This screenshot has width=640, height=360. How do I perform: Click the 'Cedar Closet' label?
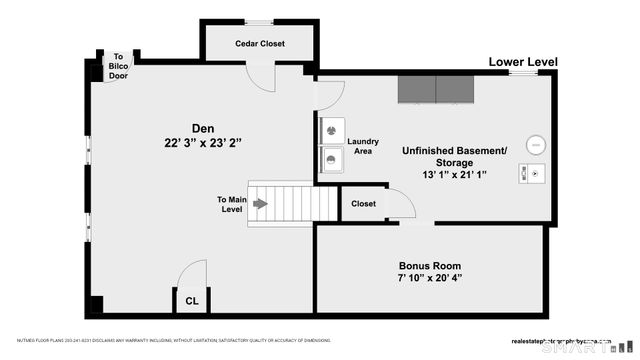[260, 44]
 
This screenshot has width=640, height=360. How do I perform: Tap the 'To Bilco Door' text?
[119, 66]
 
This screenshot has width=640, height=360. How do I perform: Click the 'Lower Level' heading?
[522, 62]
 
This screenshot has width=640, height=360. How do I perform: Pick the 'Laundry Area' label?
[363, 146]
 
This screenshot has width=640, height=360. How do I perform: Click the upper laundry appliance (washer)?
[331, 129]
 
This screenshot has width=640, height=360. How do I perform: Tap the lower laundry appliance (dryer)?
[331, 158]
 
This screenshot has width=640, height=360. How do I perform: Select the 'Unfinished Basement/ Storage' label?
[454, 156]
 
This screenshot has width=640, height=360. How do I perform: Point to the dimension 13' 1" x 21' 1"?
[454, 174]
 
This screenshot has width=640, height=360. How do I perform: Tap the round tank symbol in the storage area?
[535, 144]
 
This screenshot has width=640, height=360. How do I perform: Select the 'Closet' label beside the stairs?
[364, 204]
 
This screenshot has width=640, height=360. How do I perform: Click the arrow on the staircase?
[260, 204]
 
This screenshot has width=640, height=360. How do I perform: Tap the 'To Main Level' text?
[231, 204]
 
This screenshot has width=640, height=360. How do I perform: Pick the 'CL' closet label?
[191, 300]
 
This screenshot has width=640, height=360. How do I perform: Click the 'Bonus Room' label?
[430, 265]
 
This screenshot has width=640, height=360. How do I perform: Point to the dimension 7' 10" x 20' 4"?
[430, 279]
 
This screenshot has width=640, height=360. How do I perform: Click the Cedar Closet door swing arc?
[262, 80]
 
